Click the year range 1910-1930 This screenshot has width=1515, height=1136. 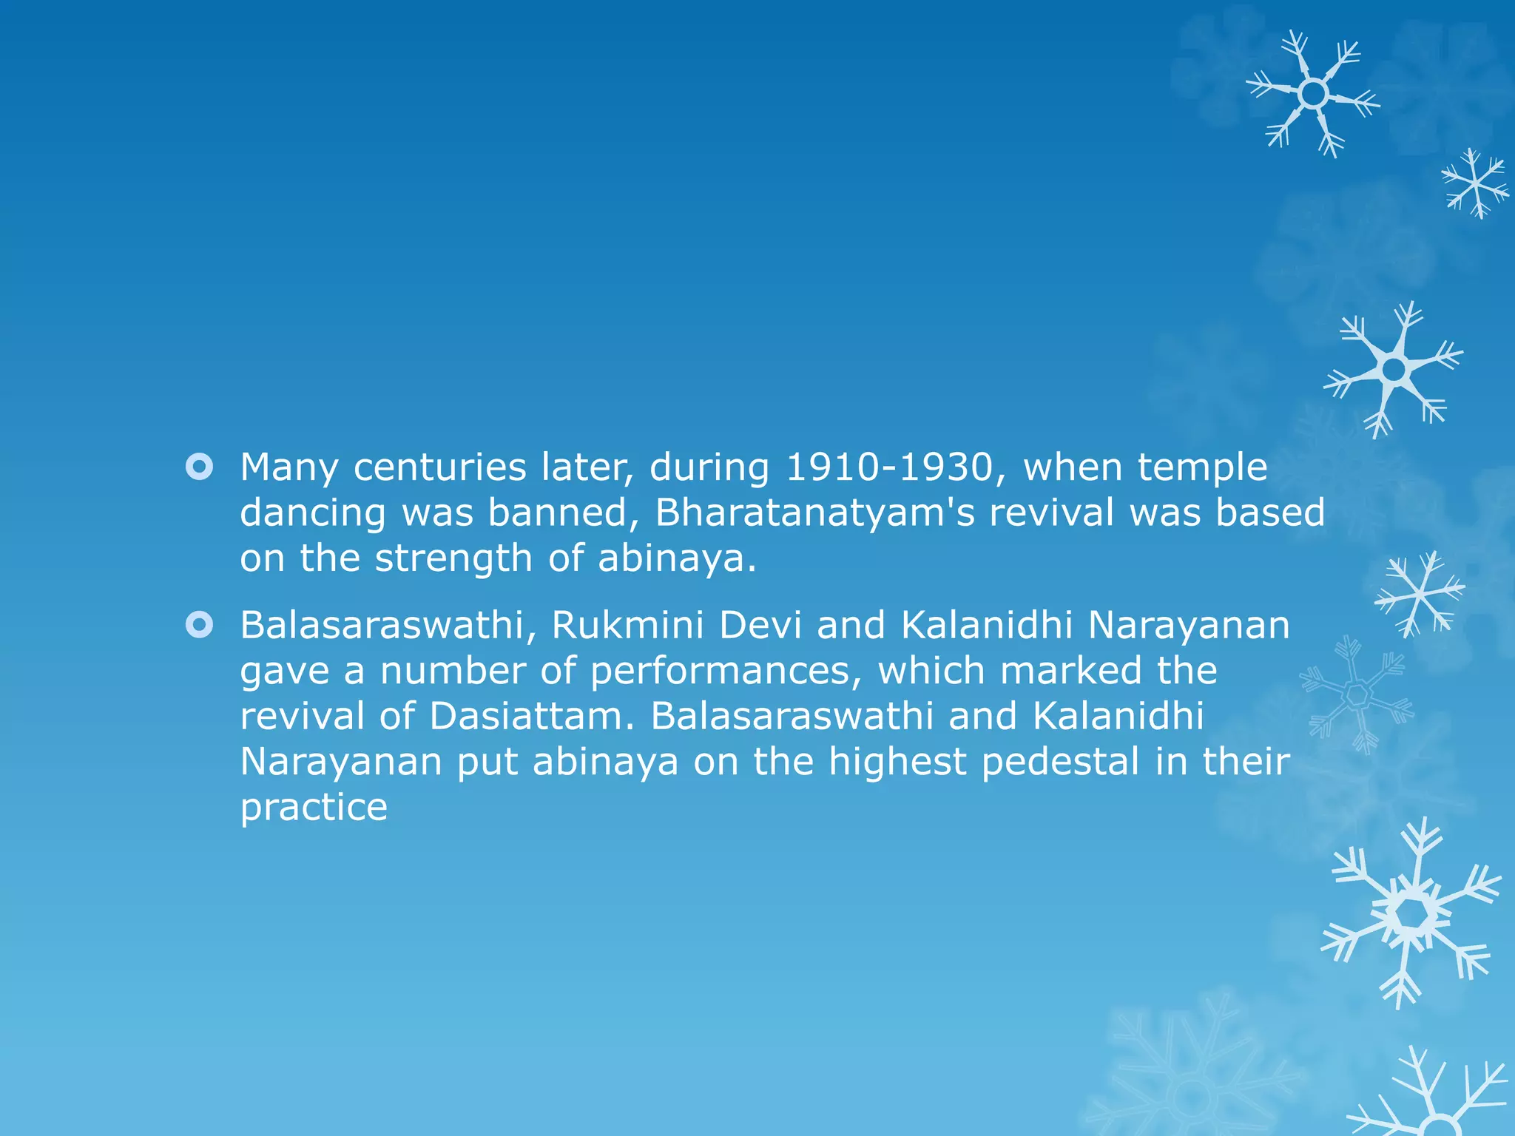click(x=888, y=467)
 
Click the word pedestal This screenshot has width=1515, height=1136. click(x=1060, y=762)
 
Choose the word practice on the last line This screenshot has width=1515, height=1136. click(x=314, y=808)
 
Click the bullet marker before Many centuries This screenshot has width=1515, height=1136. click(x=200, y=467)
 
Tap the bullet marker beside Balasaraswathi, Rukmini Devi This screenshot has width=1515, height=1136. click(x=200, y=626)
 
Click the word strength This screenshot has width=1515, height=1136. click(x=453, y=558)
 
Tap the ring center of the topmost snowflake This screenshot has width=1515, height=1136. click(x=1313, y=94)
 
